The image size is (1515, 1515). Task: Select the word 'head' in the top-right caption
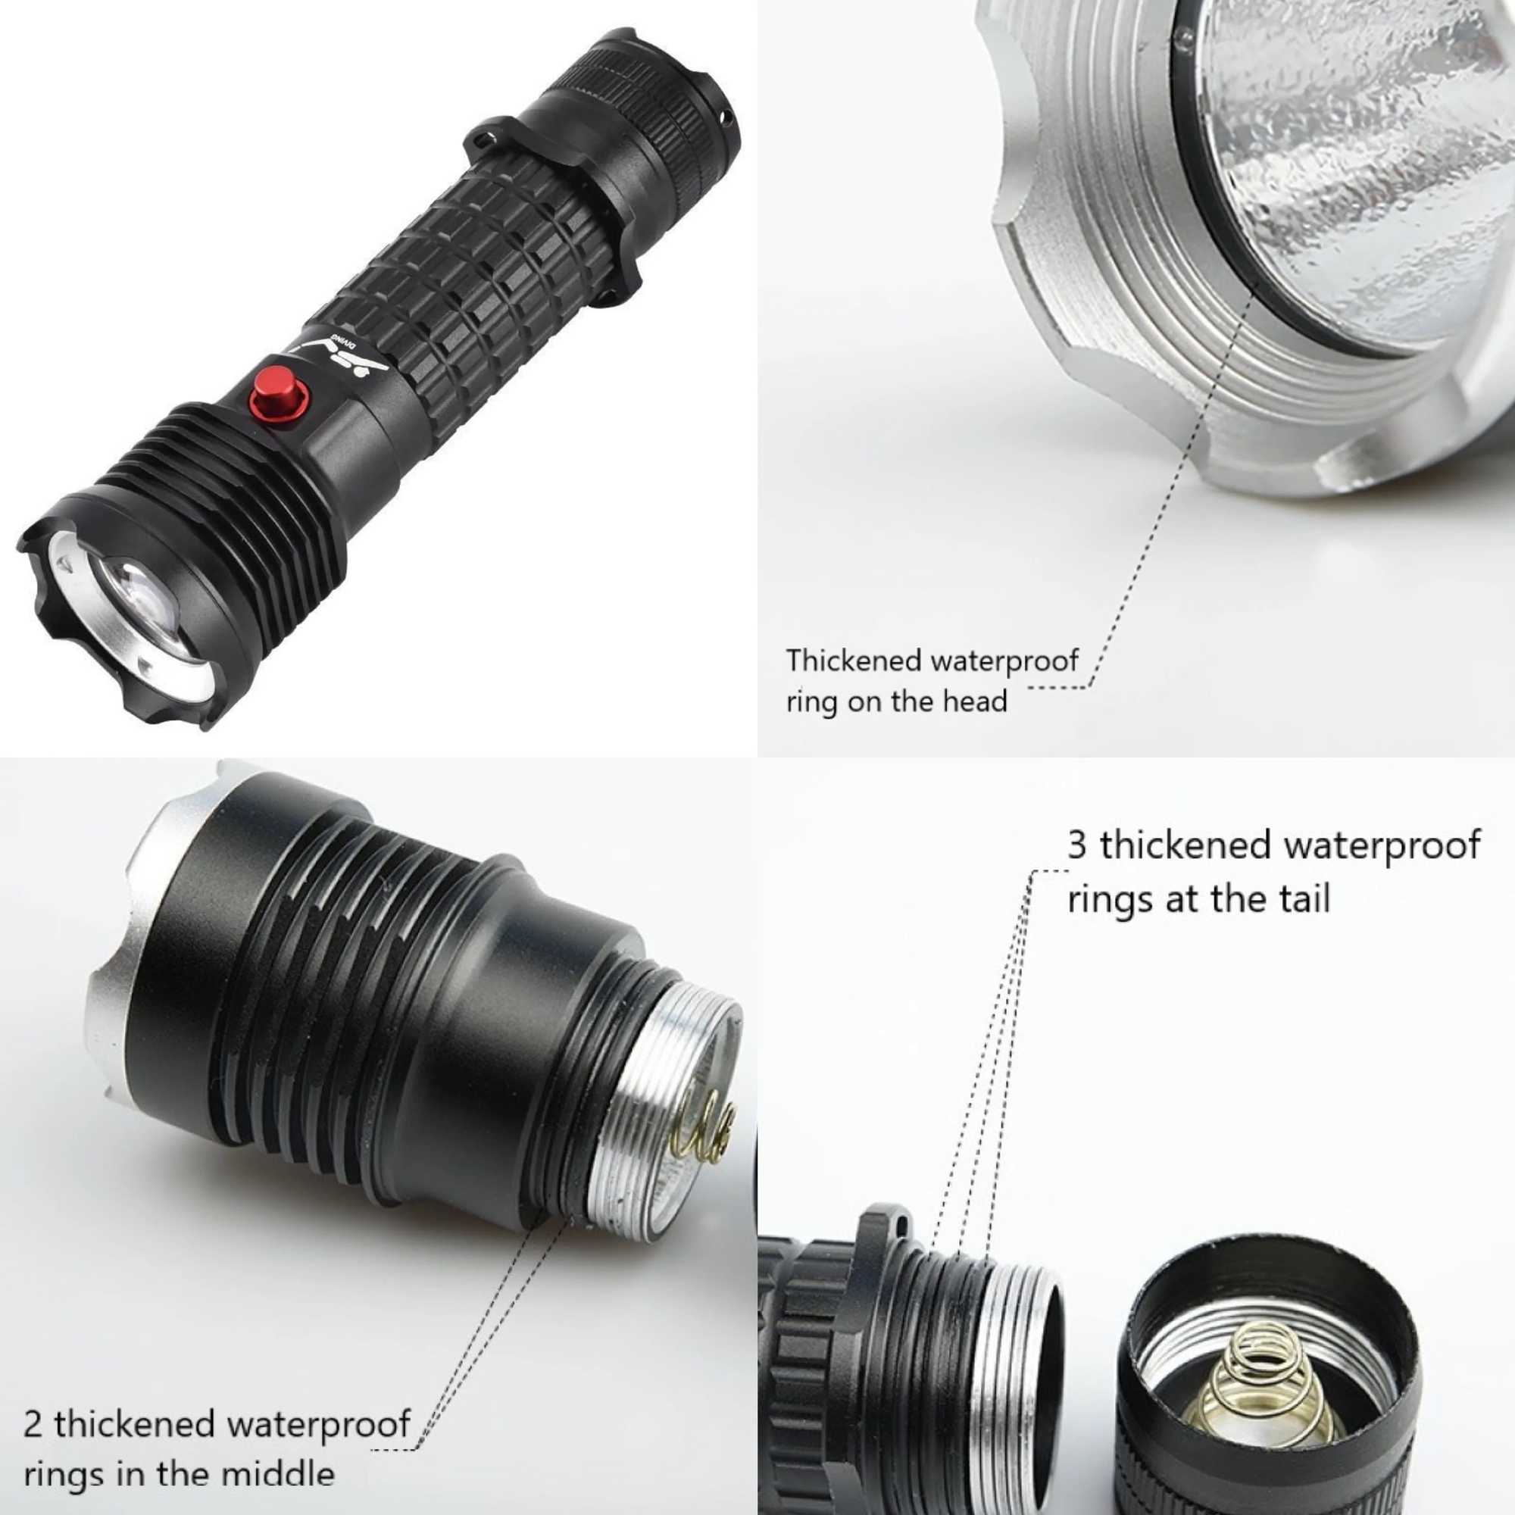pos(974,699)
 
